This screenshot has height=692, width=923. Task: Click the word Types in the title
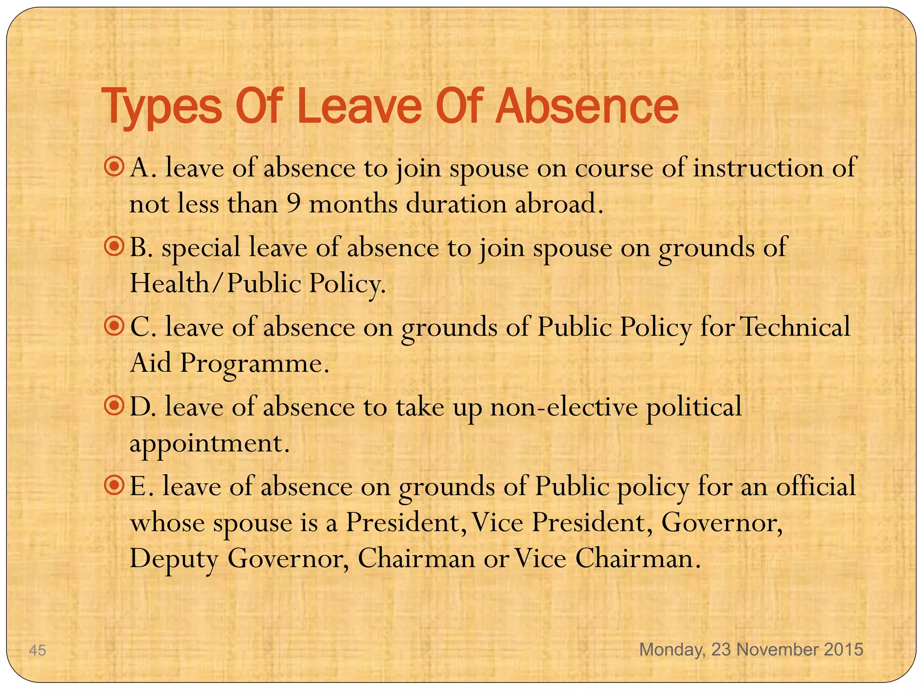coord(162,107)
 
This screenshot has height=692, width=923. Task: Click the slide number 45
coord(37,650)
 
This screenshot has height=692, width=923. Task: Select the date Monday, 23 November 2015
coord(751,649)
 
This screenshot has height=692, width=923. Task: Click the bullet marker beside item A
coord(114,167)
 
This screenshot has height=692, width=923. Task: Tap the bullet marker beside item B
coord(114,246)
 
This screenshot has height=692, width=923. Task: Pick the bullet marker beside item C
coord(114,326)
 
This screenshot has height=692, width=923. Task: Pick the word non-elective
coord(564,406)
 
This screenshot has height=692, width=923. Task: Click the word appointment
coord(209,443)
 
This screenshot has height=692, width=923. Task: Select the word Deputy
coord(174,559)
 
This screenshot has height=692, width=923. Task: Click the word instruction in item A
coord(758,168)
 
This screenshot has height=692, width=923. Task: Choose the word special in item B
coord(201,248)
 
